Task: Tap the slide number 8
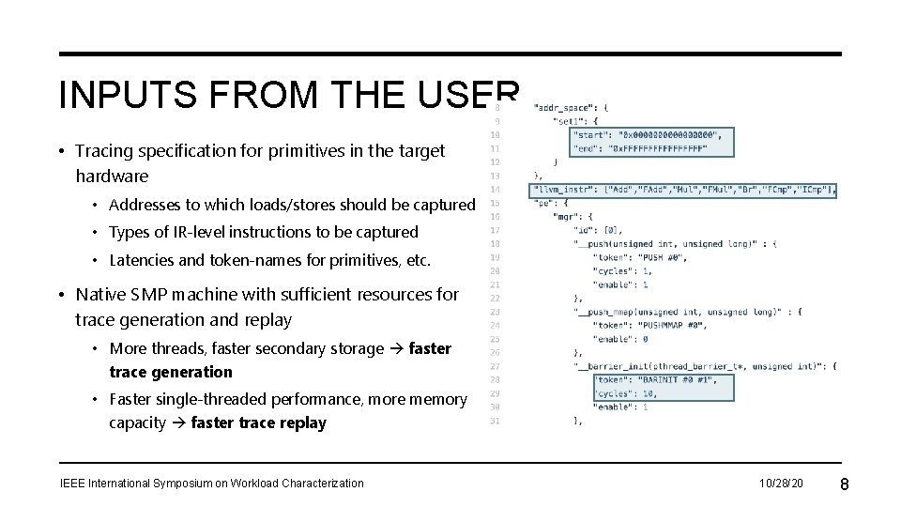844,484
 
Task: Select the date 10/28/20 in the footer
782,484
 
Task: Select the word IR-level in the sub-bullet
204,232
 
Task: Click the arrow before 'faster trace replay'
178,423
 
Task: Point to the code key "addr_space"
562,108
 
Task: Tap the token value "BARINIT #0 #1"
675,380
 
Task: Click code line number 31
495,421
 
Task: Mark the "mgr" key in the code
564,217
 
